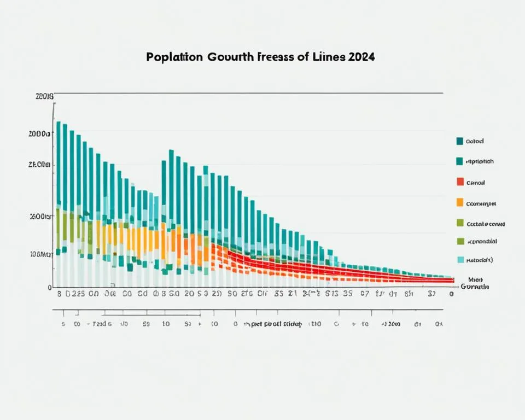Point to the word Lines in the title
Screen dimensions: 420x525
(x=327, y=57)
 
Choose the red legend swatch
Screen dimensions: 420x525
(x=460, y=182)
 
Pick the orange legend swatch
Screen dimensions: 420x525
(x=460, y=202)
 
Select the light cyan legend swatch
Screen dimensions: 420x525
(x=460, y=260)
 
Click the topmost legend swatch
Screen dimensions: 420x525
(x=460, y=141)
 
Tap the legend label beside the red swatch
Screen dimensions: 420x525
(x=476, y=183)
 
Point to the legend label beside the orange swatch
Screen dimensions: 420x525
(x=481, y=203)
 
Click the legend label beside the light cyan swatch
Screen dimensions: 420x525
(x=480, y=261)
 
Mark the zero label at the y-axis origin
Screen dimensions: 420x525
(x=50, y=287)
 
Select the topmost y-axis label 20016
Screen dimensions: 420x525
(x=44, y=97)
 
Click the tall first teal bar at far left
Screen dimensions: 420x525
(x=58, y=164)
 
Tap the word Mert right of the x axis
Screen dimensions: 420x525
(x=469, y=279)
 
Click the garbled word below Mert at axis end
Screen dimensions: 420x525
(x=475, y=287)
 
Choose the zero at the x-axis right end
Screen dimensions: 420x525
(x=451, y=294)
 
